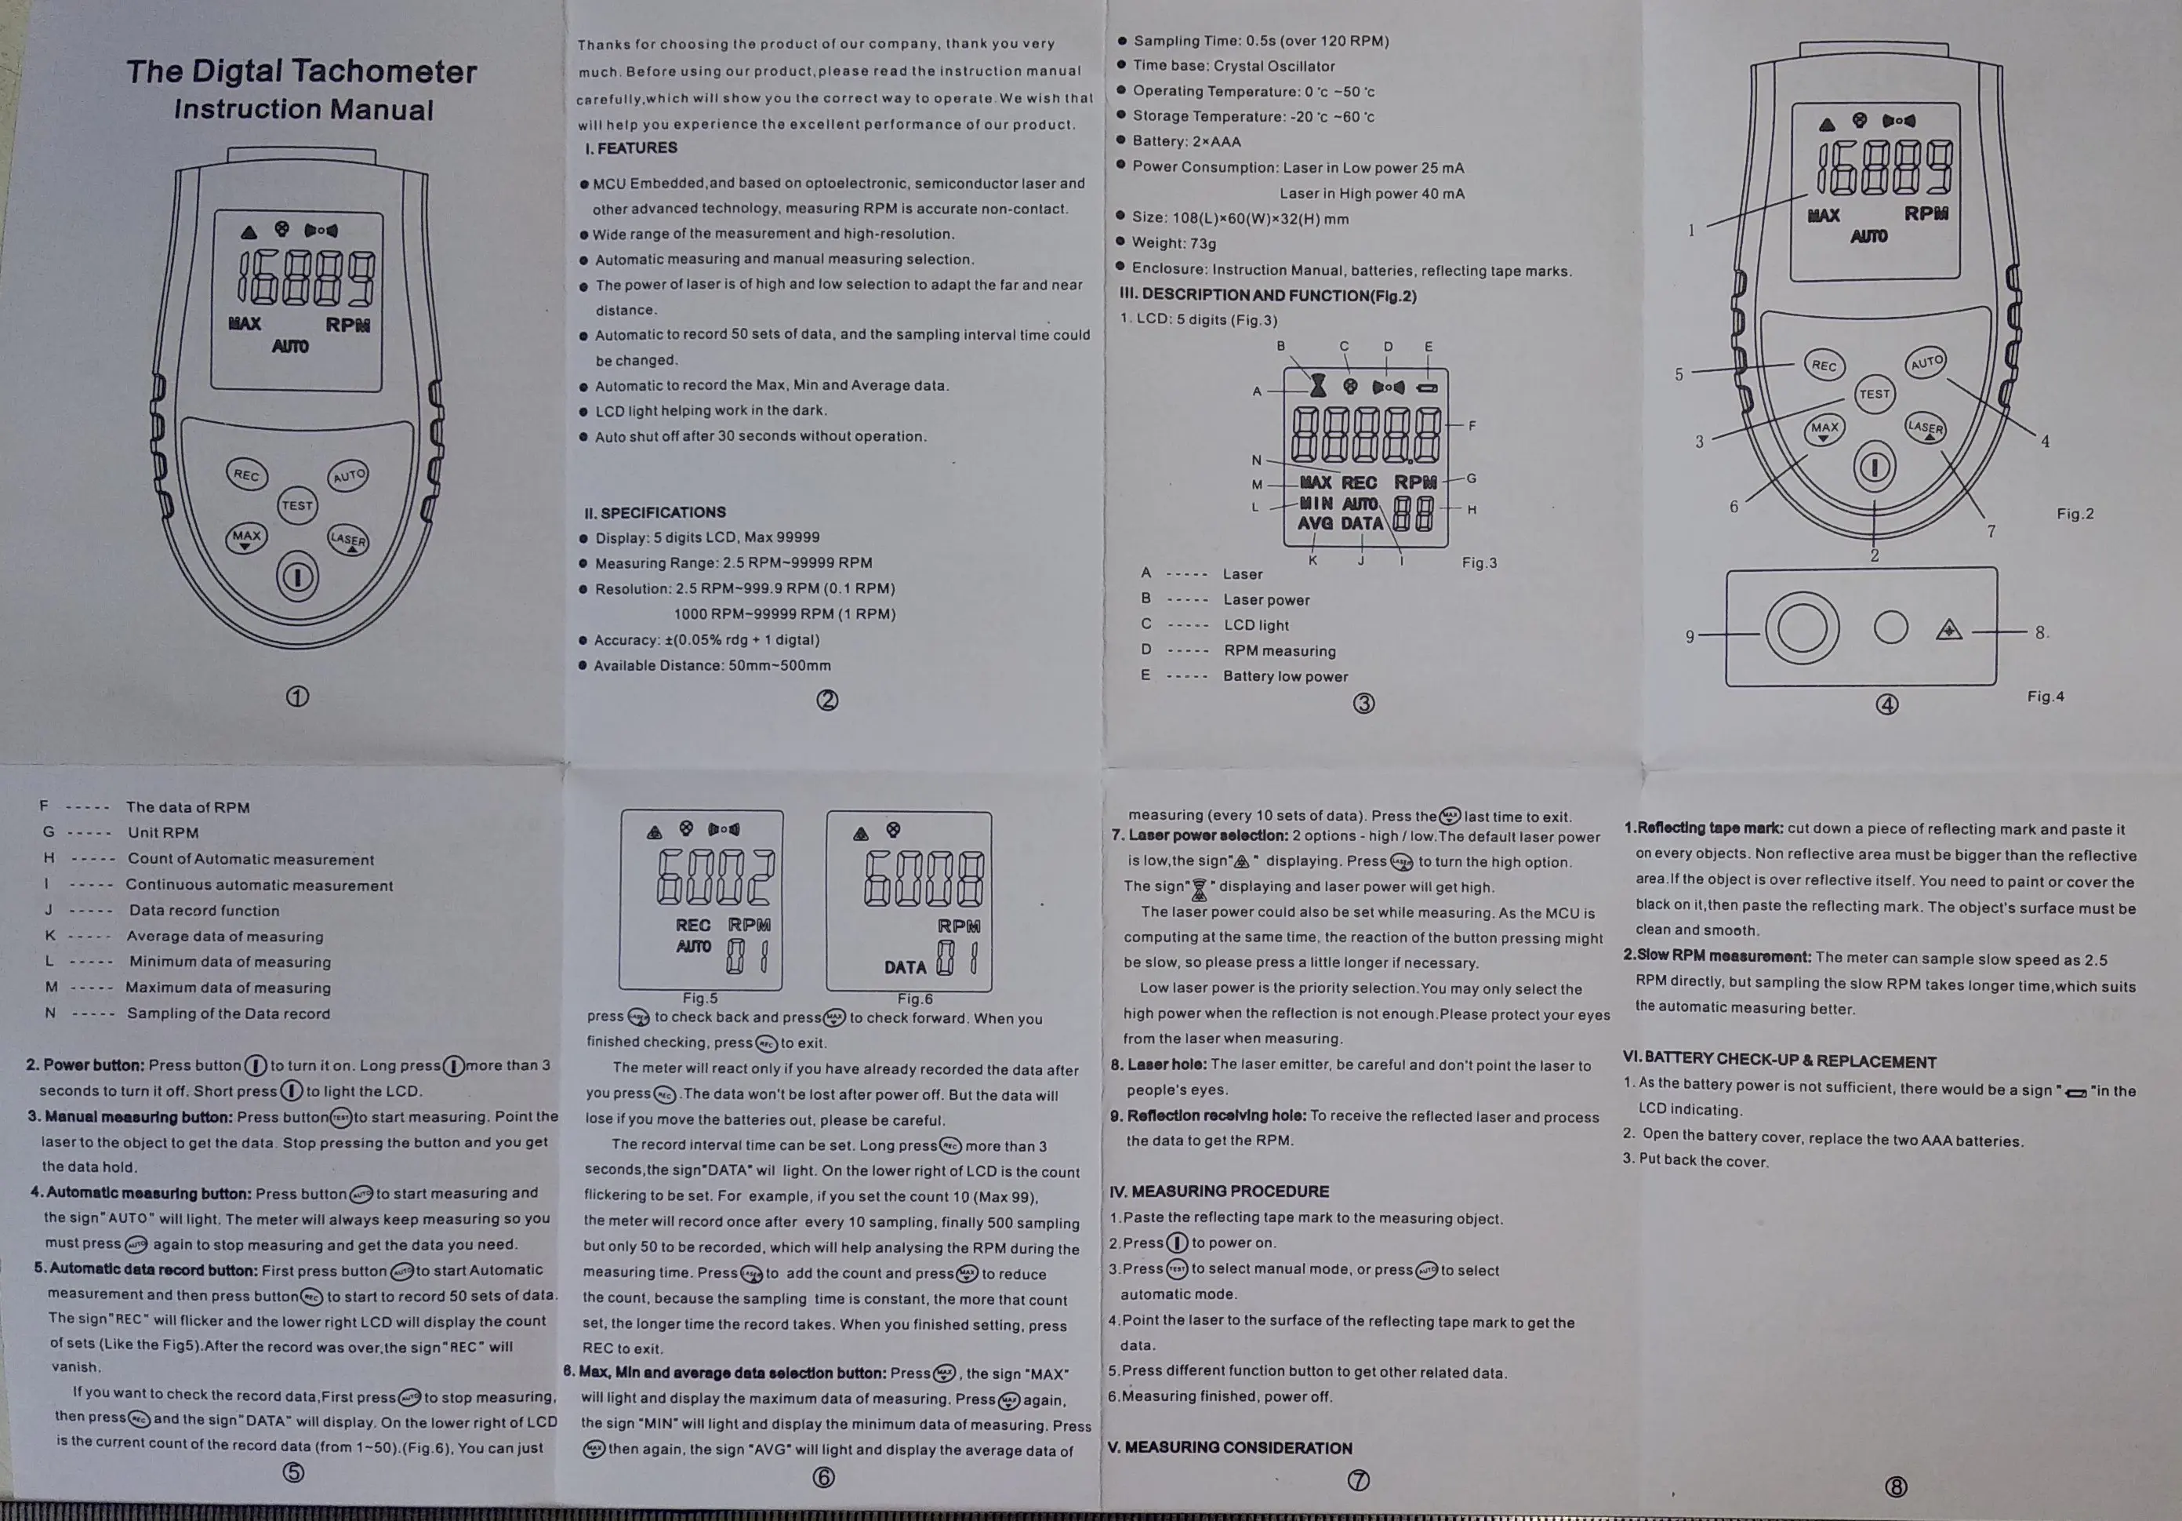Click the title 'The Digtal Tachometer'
pos(301,72)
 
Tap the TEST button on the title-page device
pos(296,506)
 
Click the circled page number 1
pos(297,697)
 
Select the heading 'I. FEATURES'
pos(631,148)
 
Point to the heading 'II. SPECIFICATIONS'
pos(655,512)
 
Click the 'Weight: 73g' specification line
pos(1174,243)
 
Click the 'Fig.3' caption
pos(1479,562)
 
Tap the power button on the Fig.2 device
pos(1874,468)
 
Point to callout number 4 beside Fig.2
pos(2045,441)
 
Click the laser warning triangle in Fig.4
pos(1949,629)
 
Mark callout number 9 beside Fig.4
pos(1690,636)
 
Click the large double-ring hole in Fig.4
pos(1802,628)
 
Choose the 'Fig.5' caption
pos(700,998)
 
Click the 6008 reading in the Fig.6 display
pos(924,878)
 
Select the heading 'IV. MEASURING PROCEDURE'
pos(1219,1191)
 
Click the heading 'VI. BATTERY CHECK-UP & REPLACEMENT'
pos(1780,1061)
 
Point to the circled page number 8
pos(1895,1486)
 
